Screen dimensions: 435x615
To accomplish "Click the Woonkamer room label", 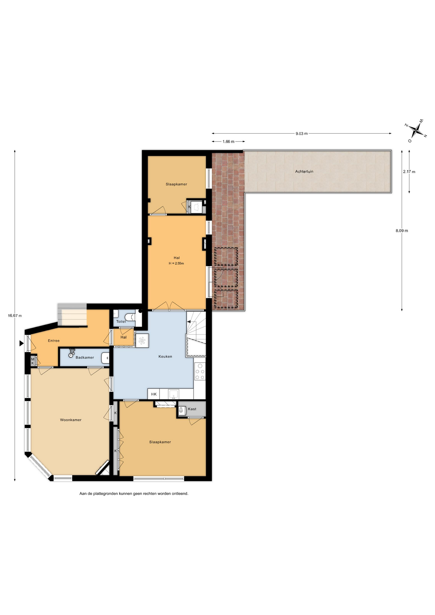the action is (x=71, y=420).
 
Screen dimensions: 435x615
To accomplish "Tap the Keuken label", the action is (x=165, y=357).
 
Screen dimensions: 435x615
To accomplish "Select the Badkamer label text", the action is (x=85, y=357).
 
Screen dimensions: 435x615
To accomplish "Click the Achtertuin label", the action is (x=304, y=171).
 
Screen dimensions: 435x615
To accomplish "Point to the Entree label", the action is (x=54, y=341).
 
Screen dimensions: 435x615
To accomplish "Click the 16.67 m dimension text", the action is (x=15, y=316).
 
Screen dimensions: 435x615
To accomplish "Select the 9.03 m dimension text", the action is (x=301, y=134).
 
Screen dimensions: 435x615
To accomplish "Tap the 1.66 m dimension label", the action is (x=228, y=142).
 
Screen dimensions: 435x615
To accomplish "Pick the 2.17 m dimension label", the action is (x=409, y=172).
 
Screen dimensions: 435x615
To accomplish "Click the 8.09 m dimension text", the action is (x=402, y=231).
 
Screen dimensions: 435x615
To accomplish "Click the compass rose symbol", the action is (x=416, y=130).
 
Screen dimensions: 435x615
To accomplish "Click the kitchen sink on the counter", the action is (x=174, y=394).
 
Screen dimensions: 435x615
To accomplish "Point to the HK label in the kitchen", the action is (x=154, y=394).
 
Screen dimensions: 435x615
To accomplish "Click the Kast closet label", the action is (x=192, y=409).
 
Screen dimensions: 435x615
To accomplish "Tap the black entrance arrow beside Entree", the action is (x=21, y=343).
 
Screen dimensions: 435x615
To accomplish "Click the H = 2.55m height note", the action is (x=176, y=263).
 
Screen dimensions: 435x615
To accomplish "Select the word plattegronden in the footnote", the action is (x=105, y=494).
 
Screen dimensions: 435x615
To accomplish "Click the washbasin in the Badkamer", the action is (x=105, y=358).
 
